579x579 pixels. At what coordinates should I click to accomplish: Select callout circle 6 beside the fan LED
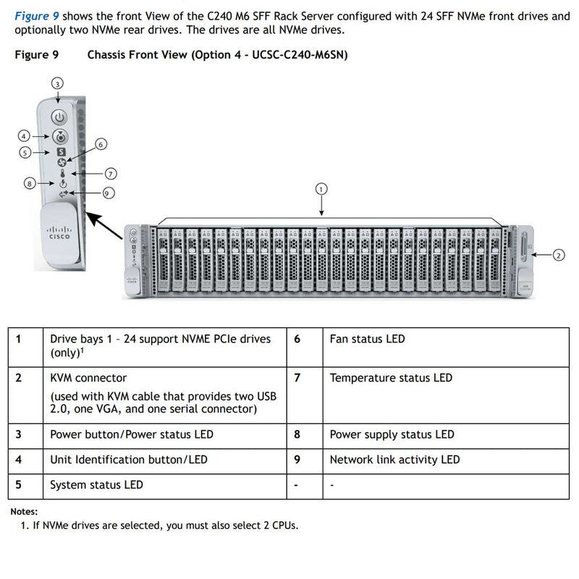[x=101, y=144]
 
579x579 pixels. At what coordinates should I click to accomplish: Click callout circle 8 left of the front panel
[x=30, y=184]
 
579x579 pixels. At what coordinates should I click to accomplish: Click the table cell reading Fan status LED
[x=367, y=339]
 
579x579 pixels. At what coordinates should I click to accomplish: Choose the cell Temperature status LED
[x=391, y=378]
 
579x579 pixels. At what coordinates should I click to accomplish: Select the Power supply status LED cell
[x=392, y=434]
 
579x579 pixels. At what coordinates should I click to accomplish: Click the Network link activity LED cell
[x=394, y=460]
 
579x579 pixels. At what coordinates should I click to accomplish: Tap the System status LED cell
[x=96, y=485]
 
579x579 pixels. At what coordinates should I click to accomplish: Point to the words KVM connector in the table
[x=88, y=378]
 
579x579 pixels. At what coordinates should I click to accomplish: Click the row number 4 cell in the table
[x=18, y=460]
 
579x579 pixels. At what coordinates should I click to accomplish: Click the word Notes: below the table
[x=24, y=512]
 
